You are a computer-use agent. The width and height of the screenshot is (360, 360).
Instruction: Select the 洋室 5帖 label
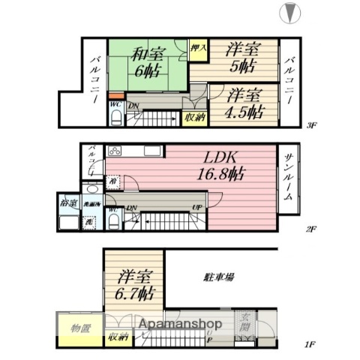pos(244,57)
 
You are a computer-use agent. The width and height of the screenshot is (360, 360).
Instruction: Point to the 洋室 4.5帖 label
pos(244,104)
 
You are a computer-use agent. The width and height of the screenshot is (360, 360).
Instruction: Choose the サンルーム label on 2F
pos(288,179)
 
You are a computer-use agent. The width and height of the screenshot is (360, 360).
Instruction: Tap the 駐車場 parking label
pos(219,277)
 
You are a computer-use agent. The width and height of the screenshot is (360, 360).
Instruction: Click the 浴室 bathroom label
pos(67,202)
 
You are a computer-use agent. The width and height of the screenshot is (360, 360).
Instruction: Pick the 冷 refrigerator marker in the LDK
pos(112,180)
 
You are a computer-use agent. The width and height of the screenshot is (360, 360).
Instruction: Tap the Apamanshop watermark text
pos(178,324)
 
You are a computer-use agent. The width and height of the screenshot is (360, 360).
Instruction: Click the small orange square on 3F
pos(112,95)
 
